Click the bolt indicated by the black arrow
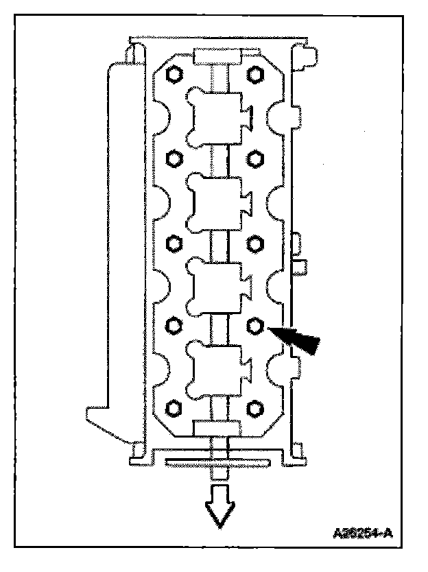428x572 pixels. coord(255,324)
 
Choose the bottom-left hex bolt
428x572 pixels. coord(174,409)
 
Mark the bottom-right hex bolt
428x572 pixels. coord(255,409)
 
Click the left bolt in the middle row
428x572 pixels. coord(174,241)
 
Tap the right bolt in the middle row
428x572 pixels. coord(255,241)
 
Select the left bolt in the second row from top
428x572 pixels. coord(174,157)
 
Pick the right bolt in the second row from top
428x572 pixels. coord(255,157)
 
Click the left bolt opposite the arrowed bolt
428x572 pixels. coord(174,324)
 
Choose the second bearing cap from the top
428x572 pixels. coord(217,200)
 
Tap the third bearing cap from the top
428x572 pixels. coord(217,283)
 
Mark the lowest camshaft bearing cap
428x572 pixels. coord(217,367)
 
